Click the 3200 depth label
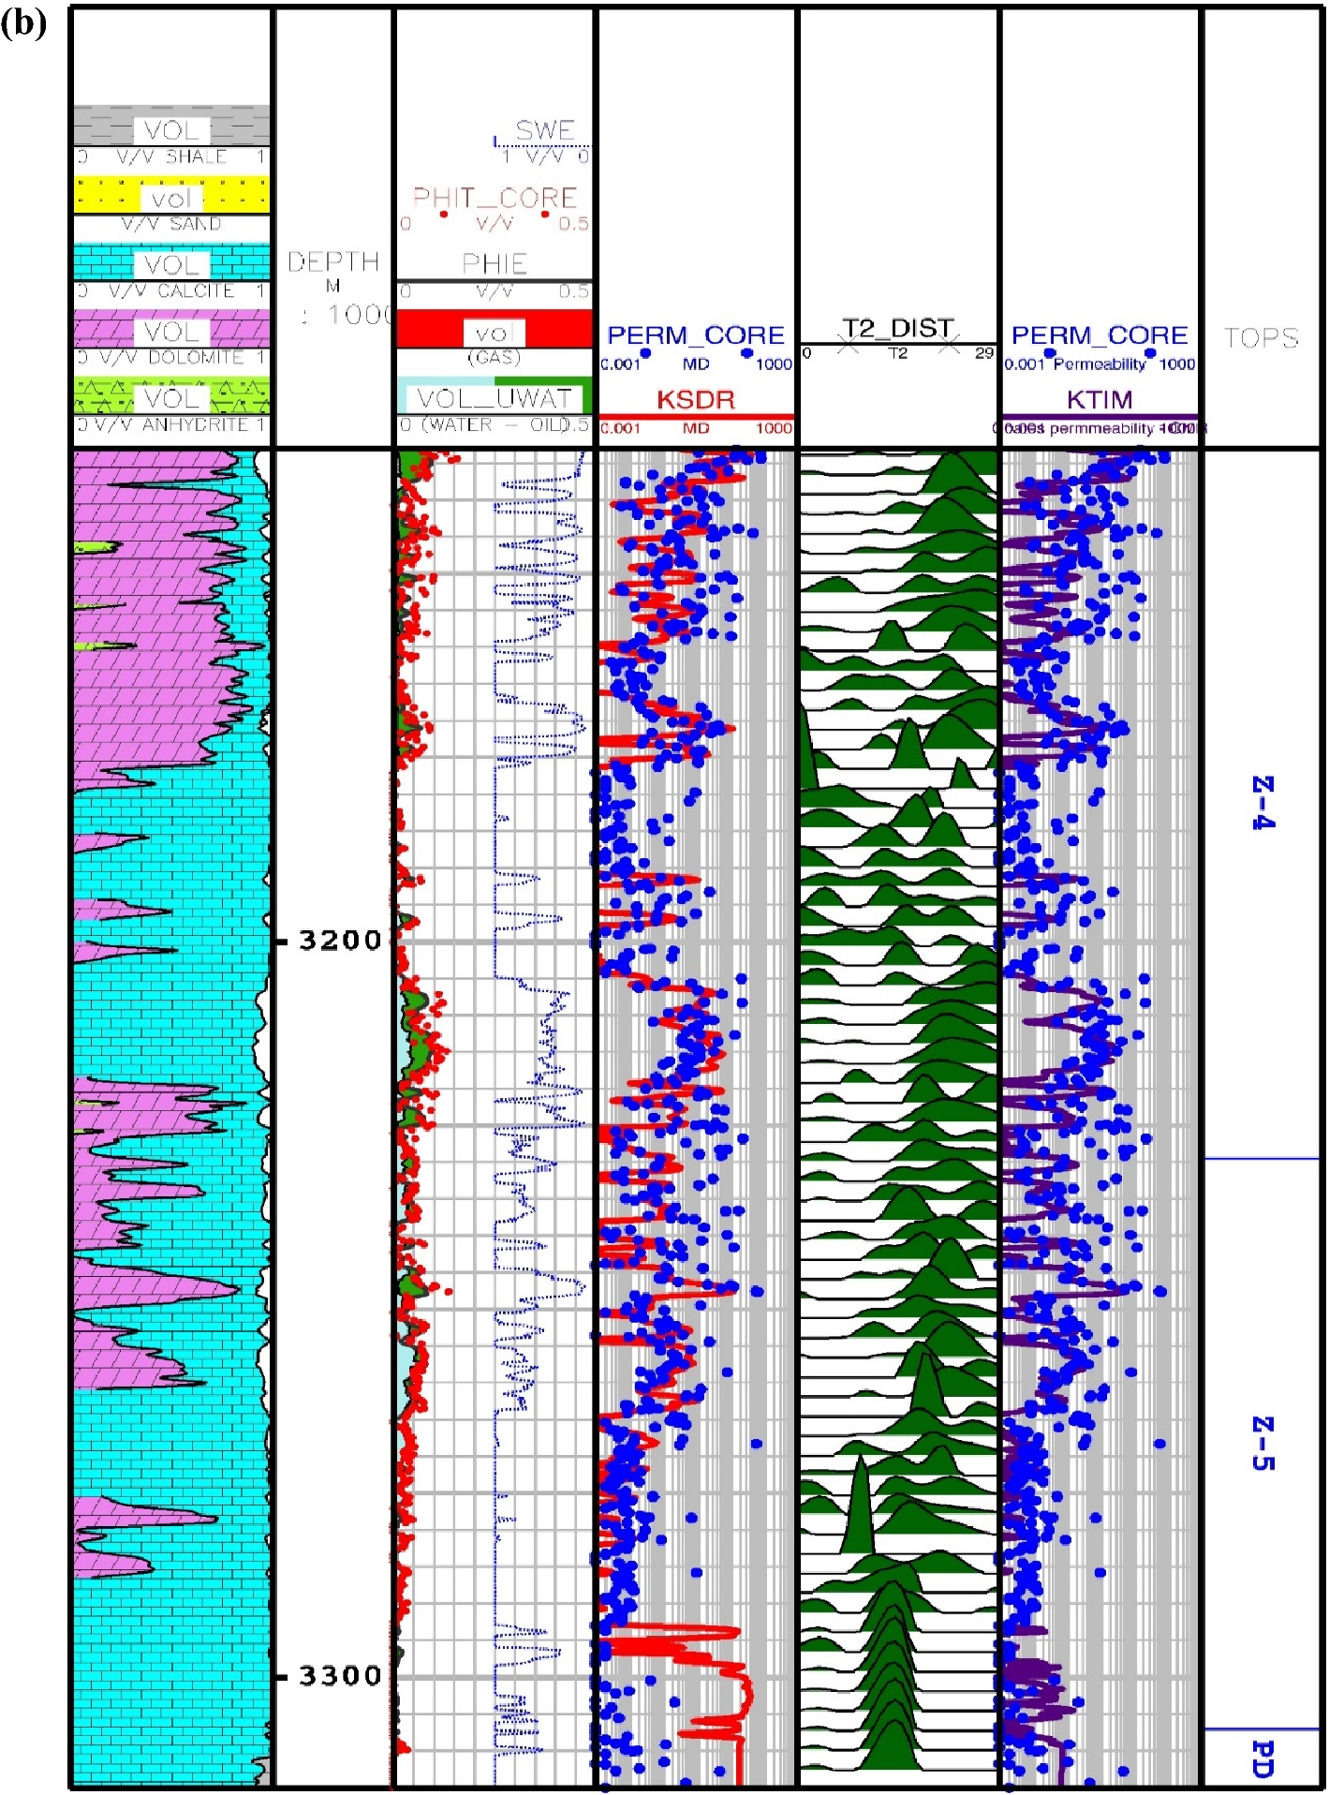(339, 940)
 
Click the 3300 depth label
(339, 1675)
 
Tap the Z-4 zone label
(1263, 803)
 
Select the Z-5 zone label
(1263, 1444)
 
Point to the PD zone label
(1263, 1759)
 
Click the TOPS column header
(1262, 337)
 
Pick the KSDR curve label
(696, 400)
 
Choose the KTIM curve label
(1100, 400)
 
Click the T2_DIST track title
(897, 328)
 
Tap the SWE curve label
(545, 130)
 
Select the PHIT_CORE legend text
(495, 198)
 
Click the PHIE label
(495, 263)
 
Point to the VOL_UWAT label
(494, 398)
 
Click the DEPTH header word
(333, 261)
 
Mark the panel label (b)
(24, 23)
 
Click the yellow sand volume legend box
(172, 196)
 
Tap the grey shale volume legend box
(172, 127)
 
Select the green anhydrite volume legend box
(172, 396)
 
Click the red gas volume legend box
(495, 330)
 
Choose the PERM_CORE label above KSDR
(696, 335)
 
